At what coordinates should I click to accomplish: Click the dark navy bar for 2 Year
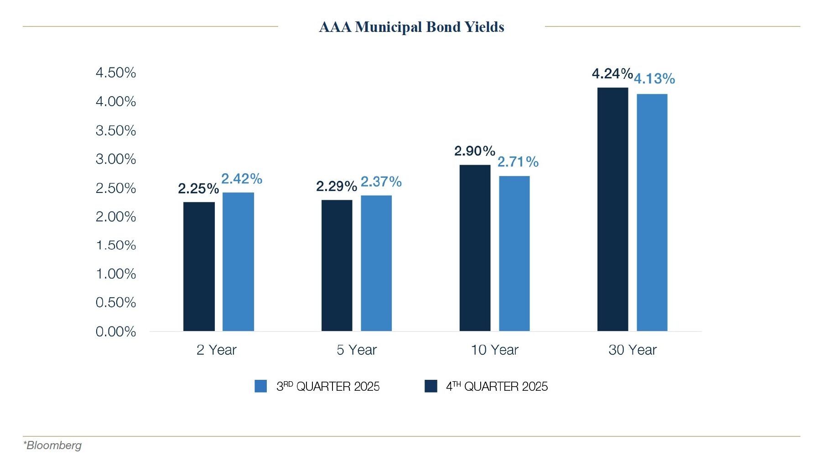[x=199, y=266]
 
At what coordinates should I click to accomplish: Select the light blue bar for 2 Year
[x=238, y=262]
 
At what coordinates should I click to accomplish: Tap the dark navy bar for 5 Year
[x=337, y=265]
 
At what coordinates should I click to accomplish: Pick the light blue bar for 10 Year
[x=514, y=254]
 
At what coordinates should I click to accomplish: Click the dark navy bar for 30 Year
[x=612, y=209]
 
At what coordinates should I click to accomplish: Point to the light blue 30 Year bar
[x=652, y=212]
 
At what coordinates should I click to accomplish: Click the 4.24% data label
[x=612, y=73]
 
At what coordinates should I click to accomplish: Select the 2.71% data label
[x=518, y=162]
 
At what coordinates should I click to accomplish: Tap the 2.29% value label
[x=336, y=186]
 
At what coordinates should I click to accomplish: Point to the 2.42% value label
[x=241, y=179]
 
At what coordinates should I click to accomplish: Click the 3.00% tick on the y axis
[x=115, y=159]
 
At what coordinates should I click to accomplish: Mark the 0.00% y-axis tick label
[x=115, y=331]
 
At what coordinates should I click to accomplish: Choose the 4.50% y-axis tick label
[x=115, y=72]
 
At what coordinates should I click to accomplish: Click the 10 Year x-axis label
[x=494, y=350]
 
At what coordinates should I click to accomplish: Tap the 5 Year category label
[x=356, y=350]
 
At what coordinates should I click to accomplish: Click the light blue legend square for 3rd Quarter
[x=260, y=386]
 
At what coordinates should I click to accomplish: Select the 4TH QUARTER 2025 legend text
[x=497, y=386]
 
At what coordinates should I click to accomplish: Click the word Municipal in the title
[x=389, y=27]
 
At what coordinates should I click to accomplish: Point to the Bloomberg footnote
[x=52, y=445]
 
